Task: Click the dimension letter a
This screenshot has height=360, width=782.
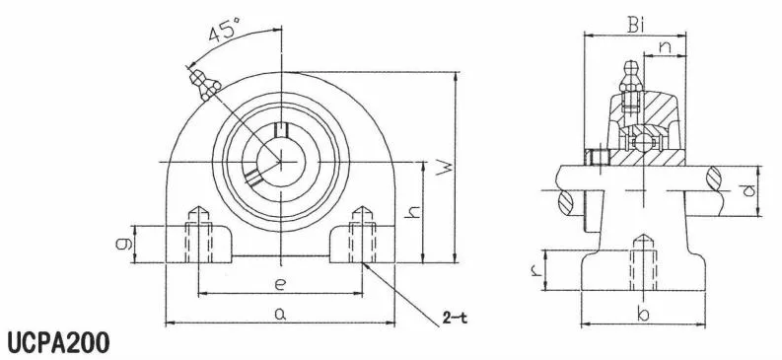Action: coord(280,315)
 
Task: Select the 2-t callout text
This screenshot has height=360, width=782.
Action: coord(455,318)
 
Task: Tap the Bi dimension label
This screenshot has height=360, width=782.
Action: coord(636,25)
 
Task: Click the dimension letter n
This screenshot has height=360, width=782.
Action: coord(665,45)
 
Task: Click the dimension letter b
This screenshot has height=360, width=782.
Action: coord(642,315)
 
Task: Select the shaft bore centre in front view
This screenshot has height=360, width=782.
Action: coord(280,160)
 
